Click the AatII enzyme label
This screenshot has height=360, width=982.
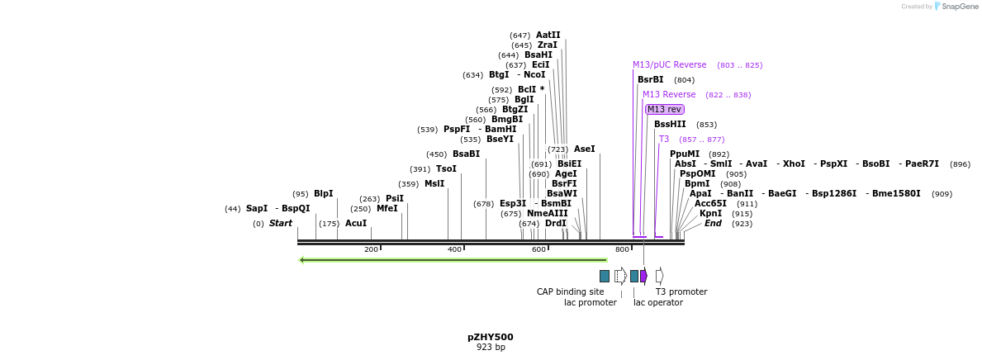(x=548, y=36)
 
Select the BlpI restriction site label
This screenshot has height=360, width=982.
(x=323, y=194)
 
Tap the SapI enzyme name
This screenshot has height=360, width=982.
(x=257, y=209)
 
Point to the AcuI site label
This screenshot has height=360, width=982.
(x=356, y=224)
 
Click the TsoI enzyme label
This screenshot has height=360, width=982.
(x=446, y=169)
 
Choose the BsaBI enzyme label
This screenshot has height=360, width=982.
(x=466, y=154)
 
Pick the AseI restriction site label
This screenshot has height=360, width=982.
(x=584, y=149)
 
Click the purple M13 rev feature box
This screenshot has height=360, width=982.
(x=664, y=109)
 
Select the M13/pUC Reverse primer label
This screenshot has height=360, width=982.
(x=669, y=65)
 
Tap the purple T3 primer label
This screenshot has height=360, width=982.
(x=664, y=140)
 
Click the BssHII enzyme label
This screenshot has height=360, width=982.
(x=670, y=125)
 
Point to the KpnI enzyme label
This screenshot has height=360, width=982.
(x=710, y=214)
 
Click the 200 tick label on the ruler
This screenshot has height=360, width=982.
(x=371, y=249)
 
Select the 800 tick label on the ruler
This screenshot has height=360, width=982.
(x=622, y=249)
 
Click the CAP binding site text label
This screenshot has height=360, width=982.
(x=570, y=291)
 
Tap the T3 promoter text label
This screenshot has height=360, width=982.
(x=681, y=291)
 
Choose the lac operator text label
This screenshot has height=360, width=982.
(x=657, y=302)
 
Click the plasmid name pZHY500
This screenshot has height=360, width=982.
(x=490, y=337)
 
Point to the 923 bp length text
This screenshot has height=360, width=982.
(x=490, y=348)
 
